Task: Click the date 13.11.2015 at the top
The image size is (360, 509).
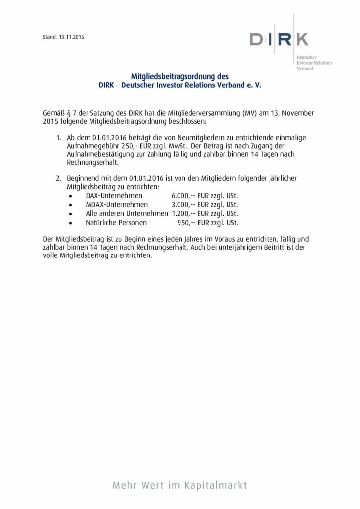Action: (71, 37)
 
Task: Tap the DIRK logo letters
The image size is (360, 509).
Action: (278, 39)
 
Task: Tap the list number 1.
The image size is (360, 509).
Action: (58, 137)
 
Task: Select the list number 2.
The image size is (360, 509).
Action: (58, 177)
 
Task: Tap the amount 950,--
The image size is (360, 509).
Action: (186, 222)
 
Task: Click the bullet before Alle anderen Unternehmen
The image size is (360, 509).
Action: (73, 214)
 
